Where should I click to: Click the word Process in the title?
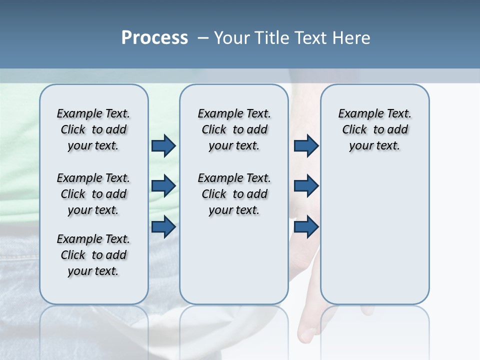(x=154, y=37)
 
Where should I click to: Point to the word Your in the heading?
(x=233, y=37)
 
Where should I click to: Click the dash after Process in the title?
(x=202, y=38)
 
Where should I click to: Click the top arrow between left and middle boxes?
(x=163, y=145)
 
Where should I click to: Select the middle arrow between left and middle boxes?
(x=163, y=186)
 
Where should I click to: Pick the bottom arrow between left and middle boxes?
(x=163, y=227)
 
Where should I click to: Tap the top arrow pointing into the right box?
(x=306, y=145)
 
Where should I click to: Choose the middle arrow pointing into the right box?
(x=306, y=186)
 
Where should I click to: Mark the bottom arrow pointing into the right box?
(x=306, y=227)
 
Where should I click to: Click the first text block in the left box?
(x=93, y=129)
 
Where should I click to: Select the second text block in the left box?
(x=93, y=194)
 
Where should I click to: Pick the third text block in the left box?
(x=93, y=255)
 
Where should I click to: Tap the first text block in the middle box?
(x=234, y=129)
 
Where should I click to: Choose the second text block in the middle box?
(x=234, y=194)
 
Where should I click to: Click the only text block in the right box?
(x=374, y=129)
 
